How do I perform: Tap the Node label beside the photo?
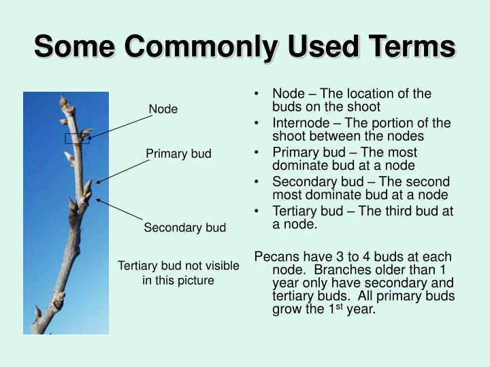[x=163, y=109]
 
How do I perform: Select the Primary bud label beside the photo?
[x=178, y=154]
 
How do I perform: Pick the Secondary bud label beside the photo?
[x=184, y=228]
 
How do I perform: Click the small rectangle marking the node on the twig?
[x=77, y=139]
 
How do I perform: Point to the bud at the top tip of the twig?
[x=65, y=102]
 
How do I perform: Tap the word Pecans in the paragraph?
[x=274, y=256]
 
